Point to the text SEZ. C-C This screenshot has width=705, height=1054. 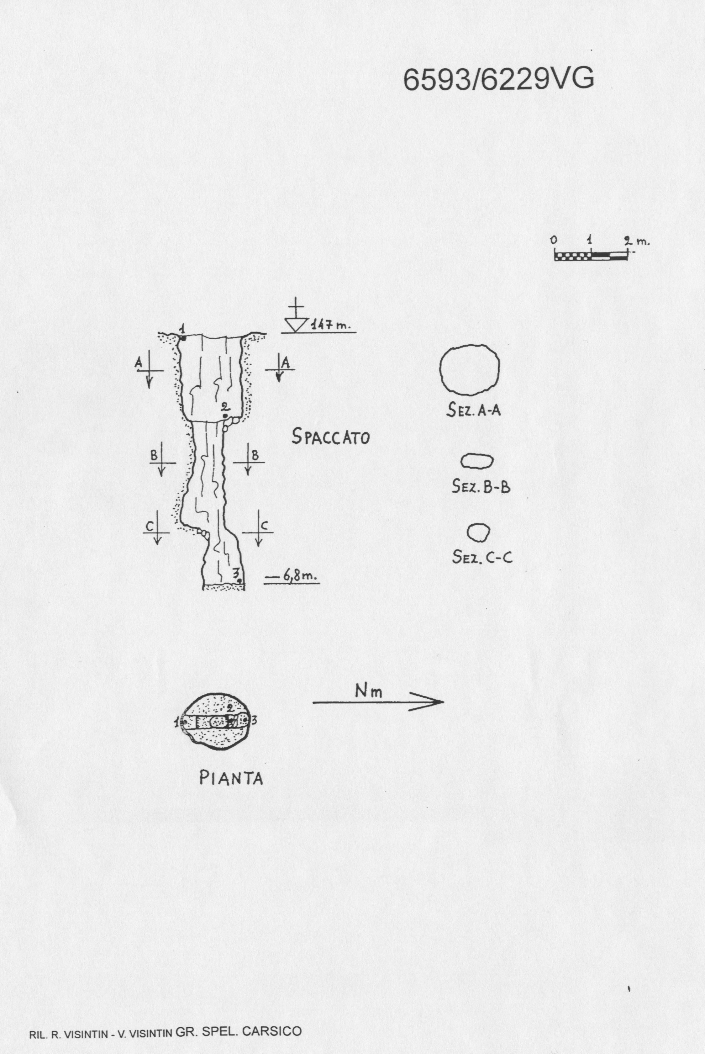(x=482, y=557)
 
